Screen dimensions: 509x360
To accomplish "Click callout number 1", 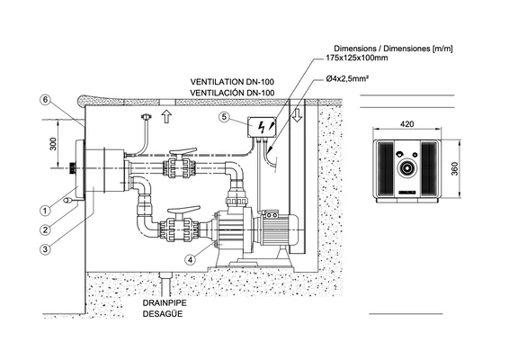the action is coord(46,211).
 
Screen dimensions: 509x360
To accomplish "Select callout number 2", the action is coord(46,230).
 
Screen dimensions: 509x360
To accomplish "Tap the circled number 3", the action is coord(46,249).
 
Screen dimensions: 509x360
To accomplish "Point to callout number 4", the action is coord(191,259).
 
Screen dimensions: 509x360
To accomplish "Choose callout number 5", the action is coord(224,117).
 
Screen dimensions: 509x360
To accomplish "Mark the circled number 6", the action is coord(46,99).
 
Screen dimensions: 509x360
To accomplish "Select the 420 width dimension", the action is coord(406,124).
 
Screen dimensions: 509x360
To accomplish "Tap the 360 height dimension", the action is coord(454,168).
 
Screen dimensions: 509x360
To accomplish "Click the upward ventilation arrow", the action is coord(166,116).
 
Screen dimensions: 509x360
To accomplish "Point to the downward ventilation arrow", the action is coord(297,115).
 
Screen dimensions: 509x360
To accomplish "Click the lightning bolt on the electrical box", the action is coord(262,127).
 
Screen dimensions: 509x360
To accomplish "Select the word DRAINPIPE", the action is coord(165,303).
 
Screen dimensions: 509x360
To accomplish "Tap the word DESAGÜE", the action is coord(163,314).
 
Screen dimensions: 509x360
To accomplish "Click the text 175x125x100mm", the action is coord(356,58).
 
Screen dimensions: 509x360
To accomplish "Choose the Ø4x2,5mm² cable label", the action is coord(347,78).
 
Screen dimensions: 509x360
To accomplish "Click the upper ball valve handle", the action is coord(183,151).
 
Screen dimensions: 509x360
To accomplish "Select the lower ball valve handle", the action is coord(186,210).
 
